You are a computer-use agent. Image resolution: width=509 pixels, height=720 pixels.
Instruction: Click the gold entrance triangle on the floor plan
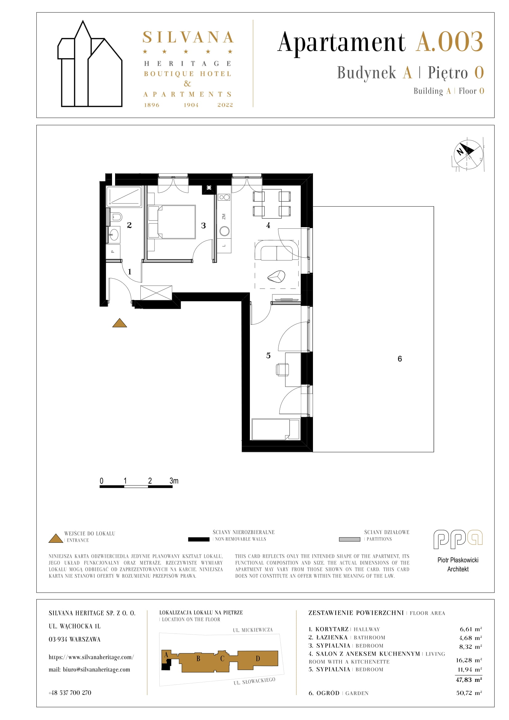pyautogui.click(x=119, y=323)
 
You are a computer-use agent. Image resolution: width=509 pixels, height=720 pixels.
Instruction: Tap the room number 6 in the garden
pyautogui.click(x=400, y=359)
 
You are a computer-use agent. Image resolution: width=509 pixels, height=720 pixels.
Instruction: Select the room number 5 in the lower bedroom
pyautogui.click(x=268, y=356)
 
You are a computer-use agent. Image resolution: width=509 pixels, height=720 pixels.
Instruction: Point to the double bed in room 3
pyautogui.click(x=172, y=222)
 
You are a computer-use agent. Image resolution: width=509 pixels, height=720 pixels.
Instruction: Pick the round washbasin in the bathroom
pyautogui.click(x=114, y=235)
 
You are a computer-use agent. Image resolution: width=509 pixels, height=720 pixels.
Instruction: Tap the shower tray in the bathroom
pyautogui.click(x=124, y=196)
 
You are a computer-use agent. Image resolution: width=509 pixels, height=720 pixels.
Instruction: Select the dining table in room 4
pyautogui.click(x=272, y=204)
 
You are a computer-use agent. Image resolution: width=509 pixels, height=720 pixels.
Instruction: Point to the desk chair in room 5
pyautogui.click(x=282, y=370)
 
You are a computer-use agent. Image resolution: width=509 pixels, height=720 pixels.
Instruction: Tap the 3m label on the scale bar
pyautogui.click(x=174, y=481)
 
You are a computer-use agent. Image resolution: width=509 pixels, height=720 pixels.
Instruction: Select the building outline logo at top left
pyautogui.click(x=90, y=64)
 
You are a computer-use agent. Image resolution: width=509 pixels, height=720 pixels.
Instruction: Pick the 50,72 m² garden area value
pyautogui.click(x=469, y=693)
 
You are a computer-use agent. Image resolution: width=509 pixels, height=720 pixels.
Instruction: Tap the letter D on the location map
pyautogui.click(x=258, y=658)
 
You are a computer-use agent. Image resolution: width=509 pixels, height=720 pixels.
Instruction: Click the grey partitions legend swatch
pyautogui.click(x=350, y=539)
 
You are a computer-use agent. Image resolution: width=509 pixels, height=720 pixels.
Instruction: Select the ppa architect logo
pyautogui.click(x=458, y=539)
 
